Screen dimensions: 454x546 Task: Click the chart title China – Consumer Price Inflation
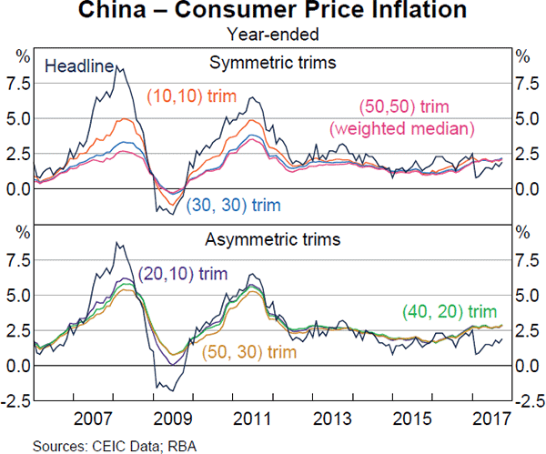272,13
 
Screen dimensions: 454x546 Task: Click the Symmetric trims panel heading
273,63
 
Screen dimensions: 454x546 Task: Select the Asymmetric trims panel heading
273,240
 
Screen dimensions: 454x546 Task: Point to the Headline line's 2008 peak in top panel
116,66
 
